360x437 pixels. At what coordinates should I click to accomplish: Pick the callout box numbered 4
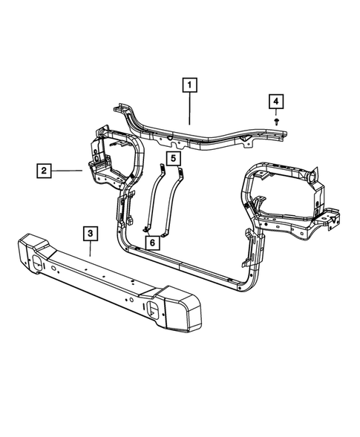[x=276, y=101]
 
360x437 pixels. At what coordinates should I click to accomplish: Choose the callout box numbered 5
[x=172, y=159]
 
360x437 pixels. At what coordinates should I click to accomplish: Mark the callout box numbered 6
[x=151, y=242]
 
